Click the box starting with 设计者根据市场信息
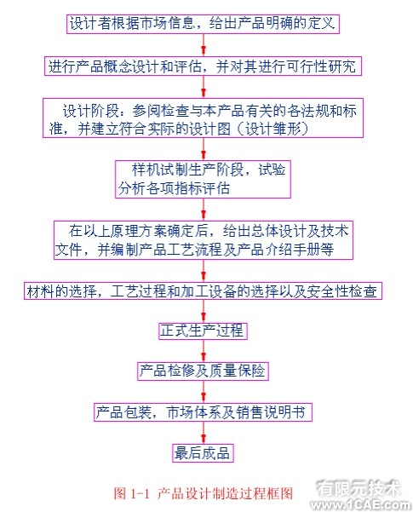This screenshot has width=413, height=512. (x=203, y=24)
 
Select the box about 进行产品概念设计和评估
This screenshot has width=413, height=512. (x=203, y=66)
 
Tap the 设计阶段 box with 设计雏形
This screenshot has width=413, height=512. (x=203, y=118)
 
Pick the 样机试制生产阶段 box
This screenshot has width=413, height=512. (x=203, y=179)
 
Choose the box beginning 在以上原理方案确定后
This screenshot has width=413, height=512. (x=204, y=240)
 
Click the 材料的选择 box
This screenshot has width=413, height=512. (x=203, y=291)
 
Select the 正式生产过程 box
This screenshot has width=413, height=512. (x=203, y=331)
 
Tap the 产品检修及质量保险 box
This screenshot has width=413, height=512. (x=203, y=371)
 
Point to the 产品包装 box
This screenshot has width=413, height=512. (x=203, y=412)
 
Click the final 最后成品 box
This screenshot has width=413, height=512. (x=203, y=453)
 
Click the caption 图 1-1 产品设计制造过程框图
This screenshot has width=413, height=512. (x=203, y=492)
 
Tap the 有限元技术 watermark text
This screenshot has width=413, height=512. (x=359, y=488)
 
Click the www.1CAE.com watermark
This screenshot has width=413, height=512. (x=361, y=504)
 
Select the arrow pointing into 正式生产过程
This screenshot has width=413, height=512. (x=204, y=311)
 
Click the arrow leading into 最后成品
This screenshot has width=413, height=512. (x=204, y=433)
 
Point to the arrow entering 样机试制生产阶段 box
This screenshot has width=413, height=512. (x=204, y=149)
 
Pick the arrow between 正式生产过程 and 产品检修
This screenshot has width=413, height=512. (x=204, y=351)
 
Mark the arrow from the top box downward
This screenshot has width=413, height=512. (x=204, y=45)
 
